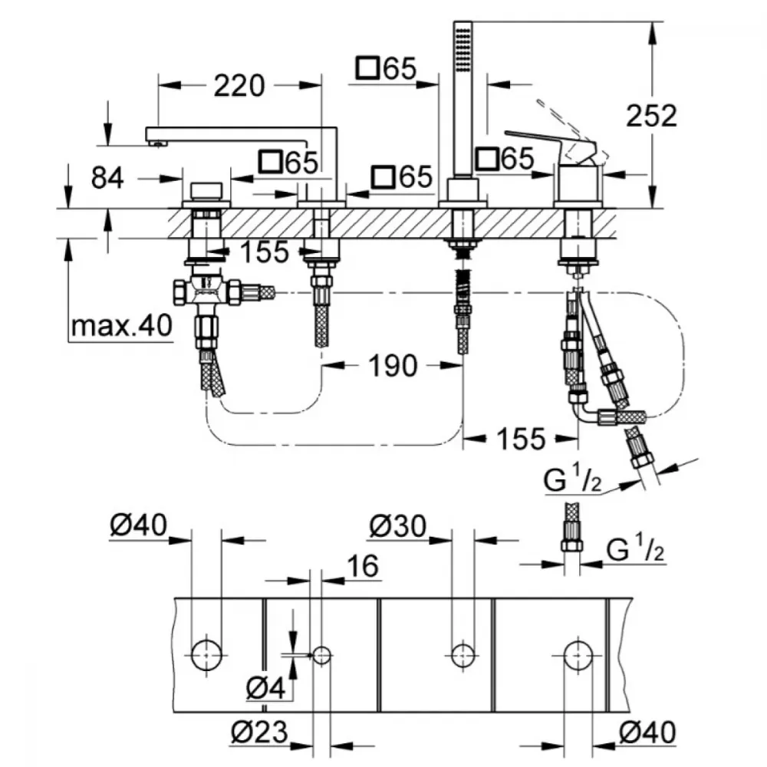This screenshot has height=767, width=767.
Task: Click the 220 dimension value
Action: pyautogui.click(x=239, y=86)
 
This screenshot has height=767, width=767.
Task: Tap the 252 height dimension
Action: pyautogui.click(x=651, y=116)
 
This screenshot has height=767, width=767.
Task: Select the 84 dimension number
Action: pyautogui.click(x=107, y=178)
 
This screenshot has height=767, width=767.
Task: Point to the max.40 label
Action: pyautogui.click(x=122, y=325)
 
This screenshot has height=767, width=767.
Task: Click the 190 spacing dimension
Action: pyautogui.click(x=393, y=366)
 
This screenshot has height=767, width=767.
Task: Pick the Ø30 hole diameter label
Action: pyautogui.click(x=397, y=526)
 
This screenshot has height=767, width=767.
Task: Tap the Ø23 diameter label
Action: pyautogui.click(x=259, y=732)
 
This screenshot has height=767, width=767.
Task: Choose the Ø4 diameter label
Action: pyautogui.click(x=265, y=690)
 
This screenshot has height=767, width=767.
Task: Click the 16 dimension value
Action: pyautogui.click(x=363, y=566)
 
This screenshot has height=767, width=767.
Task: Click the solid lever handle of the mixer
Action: pyautogui.click(x=552, y=145)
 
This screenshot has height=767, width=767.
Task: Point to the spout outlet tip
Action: pyautogui.click(x=157, y=143)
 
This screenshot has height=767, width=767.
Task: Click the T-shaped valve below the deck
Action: pyautogui.click(x=207, y=292)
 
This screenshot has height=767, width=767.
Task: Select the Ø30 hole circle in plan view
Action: pyautogui.click(x=463, y=656)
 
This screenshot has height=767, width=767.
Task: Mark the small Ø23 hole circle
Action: pyautogui.click(x=321, y=656)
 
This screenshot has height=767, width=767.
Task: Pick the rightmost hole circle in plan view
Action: pyautogui.click(x=578, y=656)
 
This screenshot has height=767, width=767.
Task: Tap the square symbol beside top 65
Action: pyautogui.click(x=368, y=67)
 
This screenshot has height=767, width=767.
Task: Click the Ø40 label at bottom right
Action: pyautogui.click(x=647, y=732)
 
